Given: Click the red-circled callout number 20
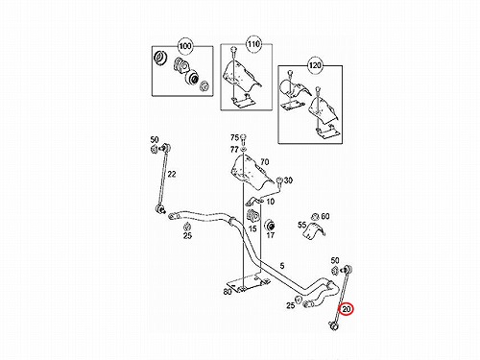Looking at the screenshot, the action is (346, 309).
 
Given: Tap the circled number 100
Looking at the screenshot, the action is (185, 46).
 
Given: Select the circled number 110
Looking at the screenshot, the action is (253, 44).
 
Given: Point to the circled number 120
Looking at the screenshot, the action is (315, 65).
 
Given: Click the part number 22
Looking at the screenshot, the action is (172, 174).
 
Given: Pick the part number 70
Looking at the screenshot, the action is (265, 162).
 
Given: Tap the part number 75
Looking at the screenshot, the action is (234, 137).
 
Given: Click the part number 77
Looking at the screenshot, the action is (234, 149).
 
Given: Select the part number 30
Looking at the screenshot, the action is (288, 180).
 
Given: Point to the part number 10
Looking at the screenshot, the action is (271, 202).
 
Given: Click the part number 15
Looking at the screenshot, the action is (252, 229).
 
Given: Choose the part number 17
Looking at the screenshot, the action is (271, 235).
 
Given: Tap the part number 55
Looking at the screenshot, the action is (301, 225).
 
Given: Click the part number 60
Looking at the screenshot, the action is (325, 216).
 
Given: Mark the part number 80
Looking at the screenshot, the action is (228, 292).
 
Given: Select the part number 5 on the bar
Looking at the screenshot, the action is (282, 266).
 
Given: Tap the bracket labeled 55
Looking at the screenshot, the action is (314, 230).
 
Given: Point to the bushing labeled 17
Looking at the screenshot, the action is (270, 225).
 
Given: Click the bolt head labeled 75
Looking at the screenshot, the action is (243, 138).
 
